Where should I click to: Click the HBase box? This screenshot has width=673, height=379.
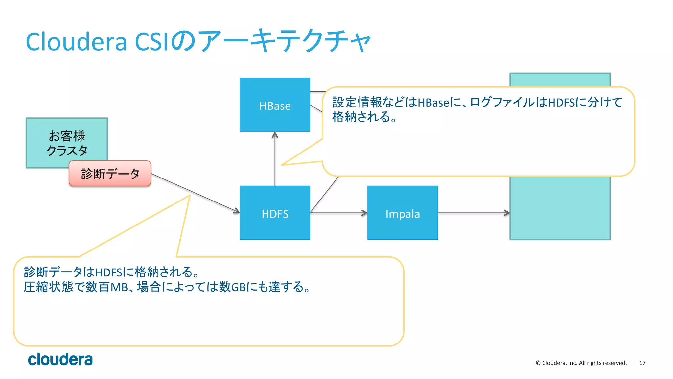click(275, 105)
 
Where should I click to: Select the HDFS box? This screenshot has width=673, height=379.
click(275, 213)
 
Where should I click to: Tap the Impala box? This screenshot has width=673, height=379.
click(403, 213)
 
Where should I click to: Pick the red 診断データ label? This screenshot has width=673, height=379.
click(110, 174)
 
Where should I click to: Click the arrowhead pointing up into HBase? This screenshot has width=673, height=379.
click(275, 135)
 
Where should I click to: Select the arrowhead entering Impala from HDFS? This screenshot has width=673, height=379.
click(364, 213)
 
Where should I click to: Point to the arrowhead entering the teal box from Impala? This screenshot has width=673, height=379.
click(507, 213)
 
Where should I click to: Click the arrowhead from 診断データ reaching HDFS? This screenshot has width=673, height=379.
click(237, 211)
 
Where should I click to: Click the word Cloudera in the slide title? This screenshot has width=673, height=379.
click(76, 42)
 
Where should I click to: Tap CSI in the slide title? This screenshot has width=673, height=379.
click(153, 42)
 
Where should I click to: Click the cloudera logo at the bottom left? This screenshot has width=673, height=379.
click(60, 359)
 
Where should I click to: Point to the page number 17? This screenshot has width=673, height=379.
click(642, 363)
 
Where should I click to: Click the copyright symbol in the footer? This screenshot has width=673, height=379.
click(538, 363)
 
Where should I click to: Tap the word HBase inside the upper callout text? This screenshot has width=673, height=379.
click(433, 103)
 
